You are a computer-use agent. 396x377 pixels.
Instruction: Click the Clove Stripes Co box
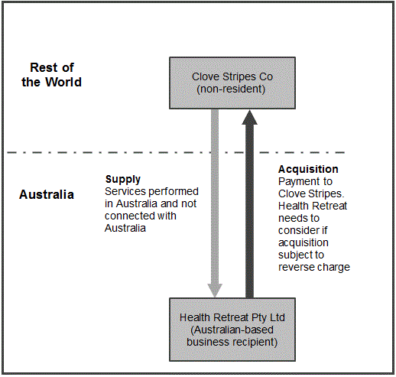232,83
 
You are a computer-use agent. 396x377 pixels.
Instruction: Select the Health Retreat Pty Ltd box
232,330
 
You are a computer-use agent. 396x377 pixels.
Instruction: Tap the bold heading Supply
123,180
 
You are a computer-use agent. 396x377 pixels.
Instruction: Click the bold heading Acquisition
308,169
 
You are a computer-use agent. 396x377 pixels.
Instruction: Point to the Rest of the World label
52,75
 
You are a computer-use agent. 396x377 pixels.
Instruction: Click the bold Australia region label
47,194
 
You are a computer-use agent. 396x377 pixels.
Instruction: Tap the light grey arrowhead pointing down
215,291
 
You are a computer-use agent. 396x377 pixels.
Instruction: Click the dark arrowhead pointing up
249,118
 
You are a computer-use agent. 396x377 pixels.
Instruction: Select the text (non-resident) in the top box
231,89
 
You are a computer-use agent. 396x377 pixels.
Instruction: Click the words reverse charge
314,267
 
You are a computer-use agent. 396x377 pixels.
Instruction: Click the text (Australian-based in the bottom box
232,330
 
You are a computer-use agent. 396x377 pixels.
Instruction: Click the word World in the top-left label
63,82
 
